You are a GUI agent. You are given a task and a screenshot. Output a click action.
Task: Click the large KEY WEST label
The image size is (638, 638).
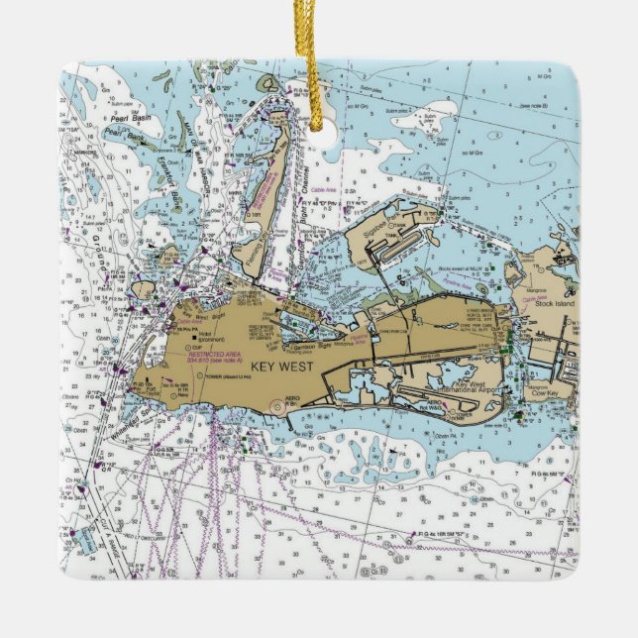tap(278, 366)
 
